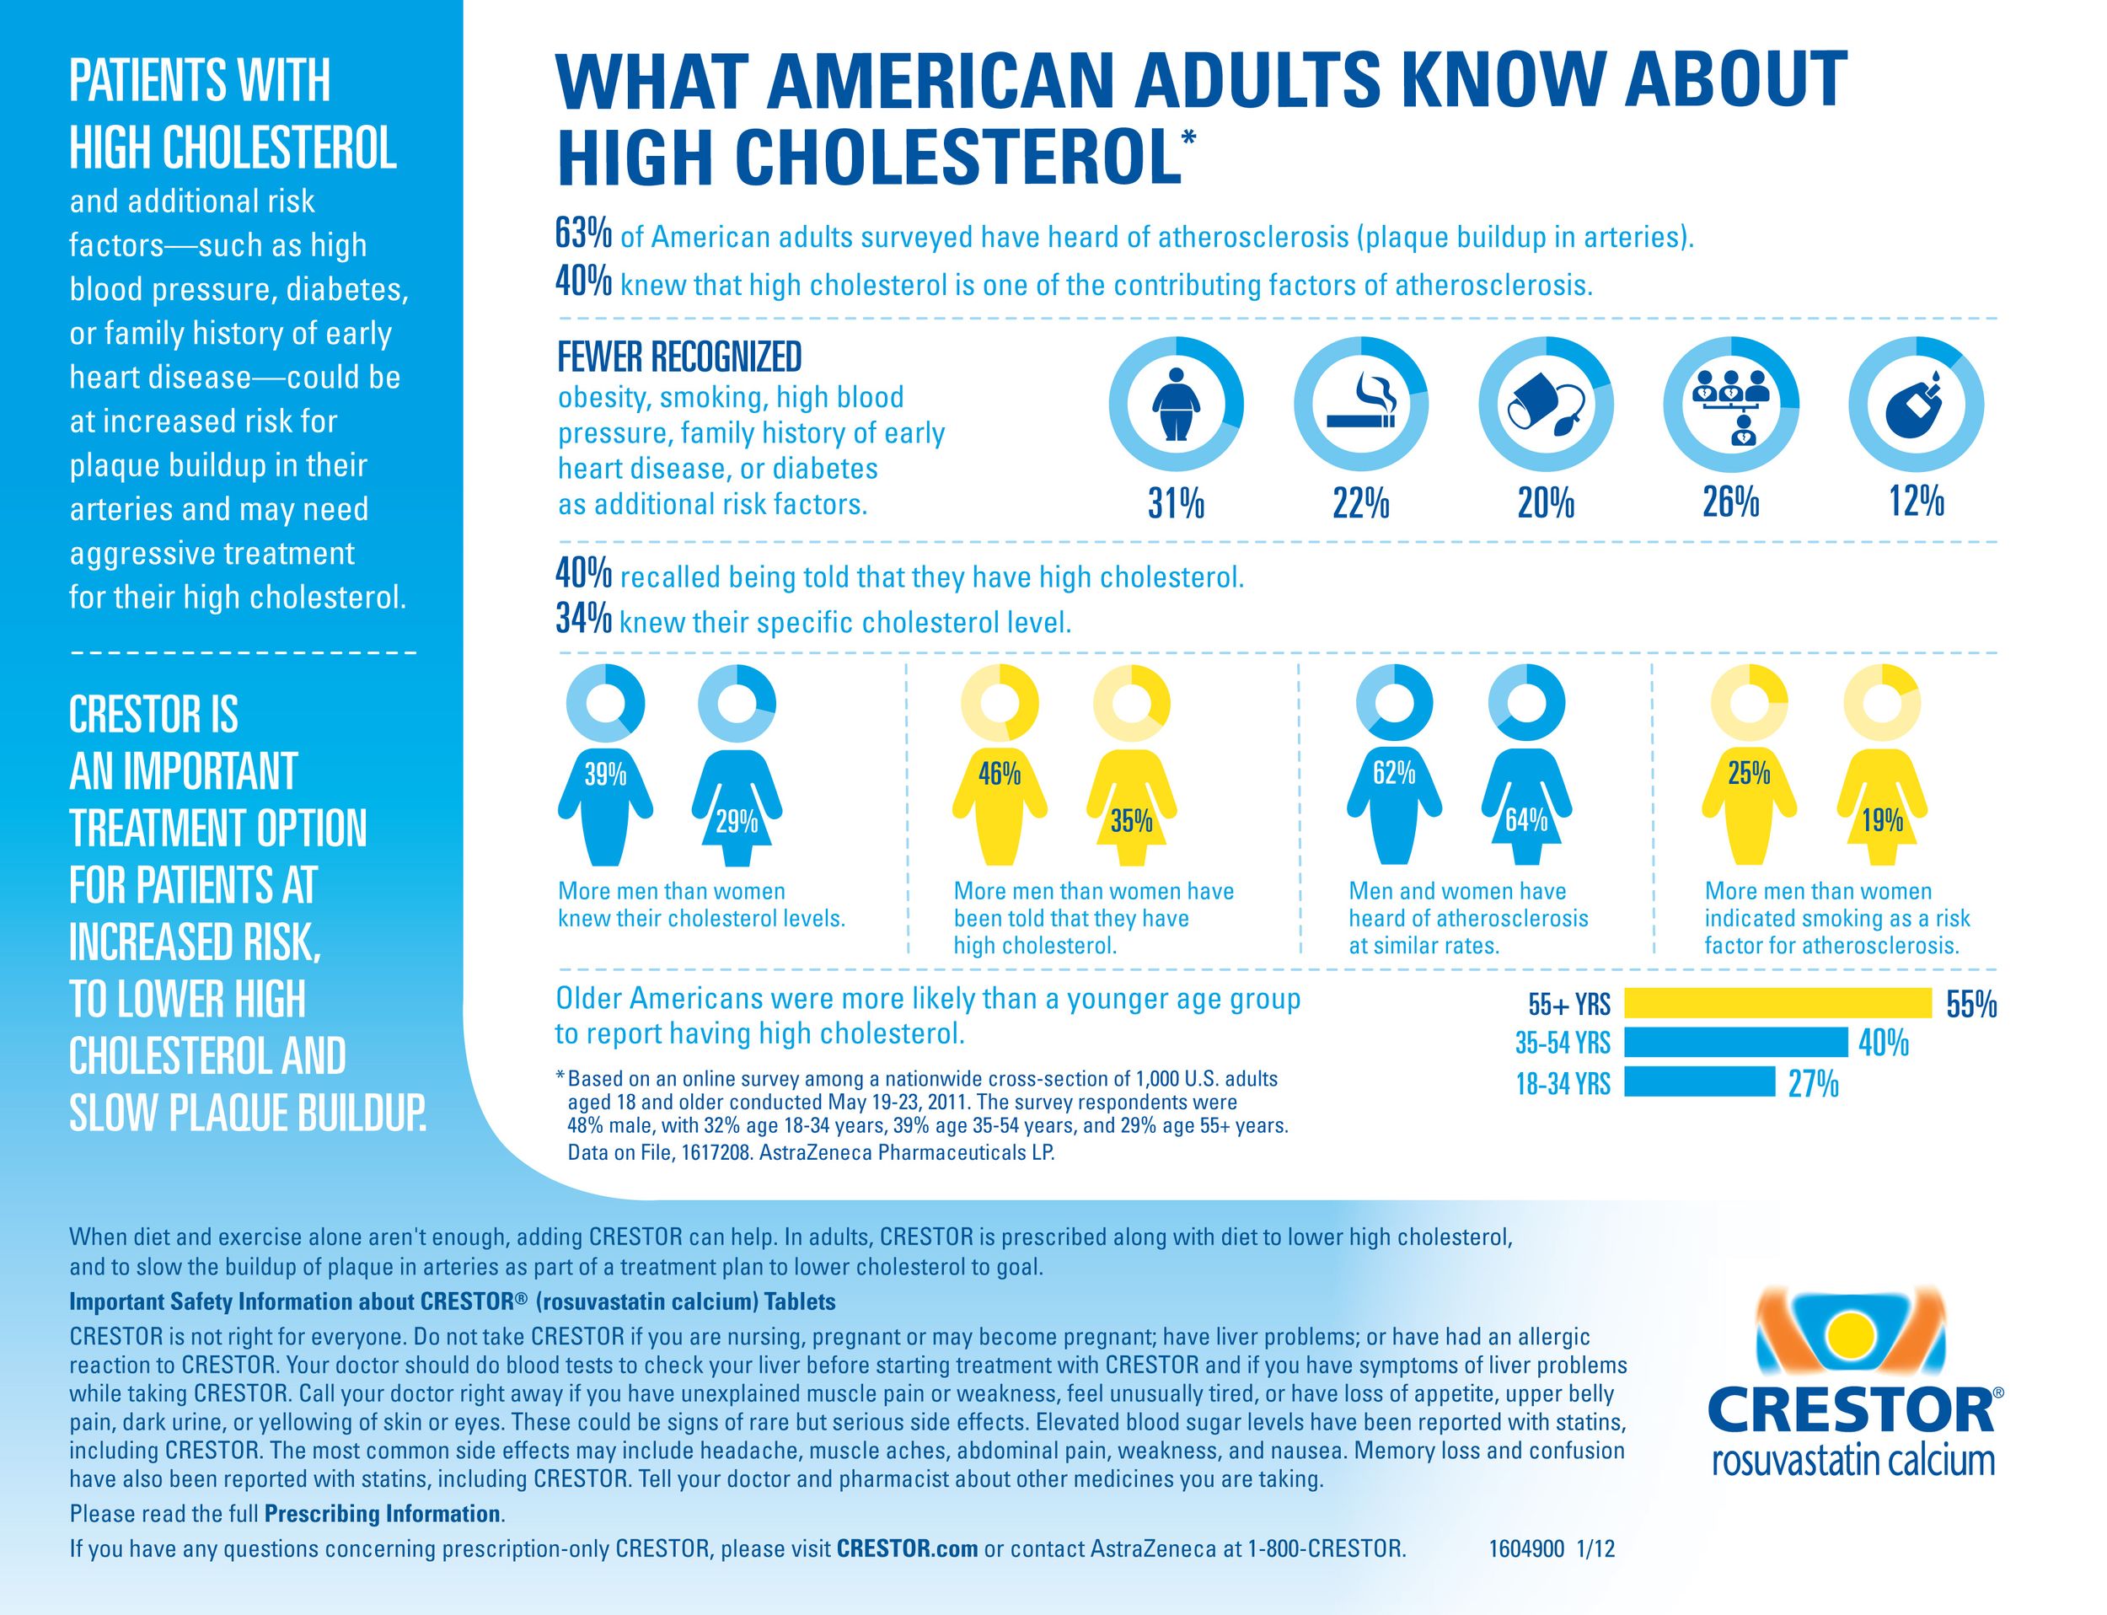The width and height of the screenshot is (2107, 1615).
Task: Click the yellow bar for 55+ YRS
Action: (x=1777, y=1003)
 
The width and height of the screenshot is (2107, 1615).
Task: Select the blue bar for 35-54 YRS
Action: (x=1736, y=1042)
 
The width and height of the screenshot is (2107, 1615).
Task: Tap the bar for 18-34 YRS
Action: (x=1698, y=1081)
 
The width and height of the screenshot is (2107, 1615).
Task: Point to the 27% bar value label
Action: (x=1813, y=1084)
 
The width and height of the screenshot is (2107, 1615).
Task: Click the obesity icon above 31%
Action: (x=1176, y=403)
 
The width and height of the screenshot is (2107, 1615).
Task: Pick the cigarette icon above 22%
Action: (x=1360, y=403)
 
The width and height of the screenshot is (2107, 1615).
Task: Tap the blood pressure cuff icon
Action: (x=1545, y=405)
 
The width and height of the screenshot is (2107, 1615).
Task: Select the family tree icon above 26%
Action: (x=1730, y=403)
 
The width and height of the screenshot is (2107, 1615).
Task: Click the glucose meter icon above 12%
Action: (x=1916, y=403)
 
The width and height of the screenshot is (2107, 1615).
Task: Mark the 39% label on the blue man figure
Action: (x=606, y=774)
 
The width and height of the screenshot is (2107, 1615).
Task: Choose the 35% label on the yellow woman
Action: (x=1131, y=821)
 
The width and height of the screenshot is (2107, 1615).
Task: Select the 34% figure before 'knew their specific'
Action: (x=583, y=620)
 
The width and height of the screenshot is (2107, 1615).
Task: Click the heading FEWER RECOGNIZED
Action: (x=679, y=357)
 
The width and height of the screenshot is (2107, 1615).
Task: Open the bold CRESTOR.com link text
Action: (x=908, y=1548)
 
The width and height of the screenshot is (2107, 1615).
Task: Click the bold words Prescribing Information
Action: (x=383, y=1514)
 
